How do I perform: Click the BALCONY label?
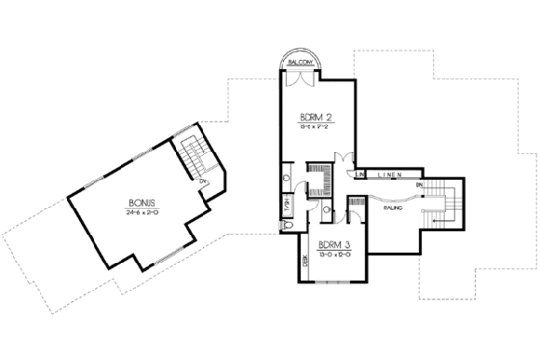click(301, 62)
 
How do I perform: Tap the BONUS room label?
click(142, 203)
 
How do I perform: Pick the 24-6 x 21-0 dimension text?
click(142, 212)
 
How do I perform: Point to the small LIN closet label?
click(359, 174)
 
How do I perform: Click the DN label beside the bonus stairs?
click(202, 180)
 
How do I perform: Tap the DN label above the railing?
click(419, 184)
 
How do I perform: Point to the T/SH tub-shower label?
click(287, 206)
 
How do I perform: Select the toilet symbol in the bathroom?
click(289, 225)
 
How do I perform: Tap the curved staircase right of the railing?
click(443, 203)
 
